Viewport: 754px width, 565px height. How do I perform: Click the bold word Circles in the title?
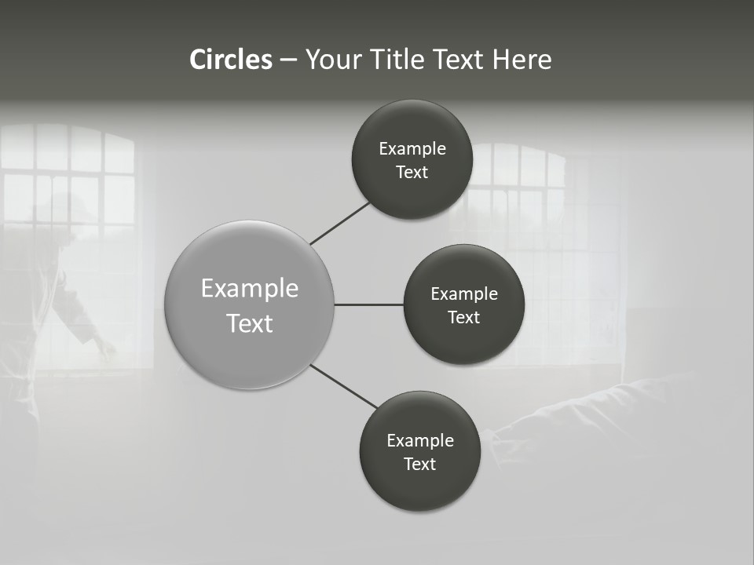point(230,60)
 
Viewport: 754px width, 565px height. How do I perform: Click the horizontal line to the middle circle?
point(369,304)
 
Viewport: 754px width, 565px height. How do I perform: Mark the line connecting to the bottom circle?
point(343,386)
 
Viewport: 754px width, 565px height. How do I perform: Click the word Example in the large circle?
point(250,289)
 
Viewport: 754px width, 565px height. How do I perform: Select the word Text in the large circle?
point(250,323)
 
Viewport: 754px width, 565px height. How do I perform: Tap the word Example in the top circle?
point(412,149)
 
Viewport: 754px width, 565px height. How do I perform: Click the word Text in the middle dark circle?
point(463,318)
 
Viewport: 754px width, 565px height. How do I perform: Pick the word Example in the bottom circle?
point(419,441)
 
